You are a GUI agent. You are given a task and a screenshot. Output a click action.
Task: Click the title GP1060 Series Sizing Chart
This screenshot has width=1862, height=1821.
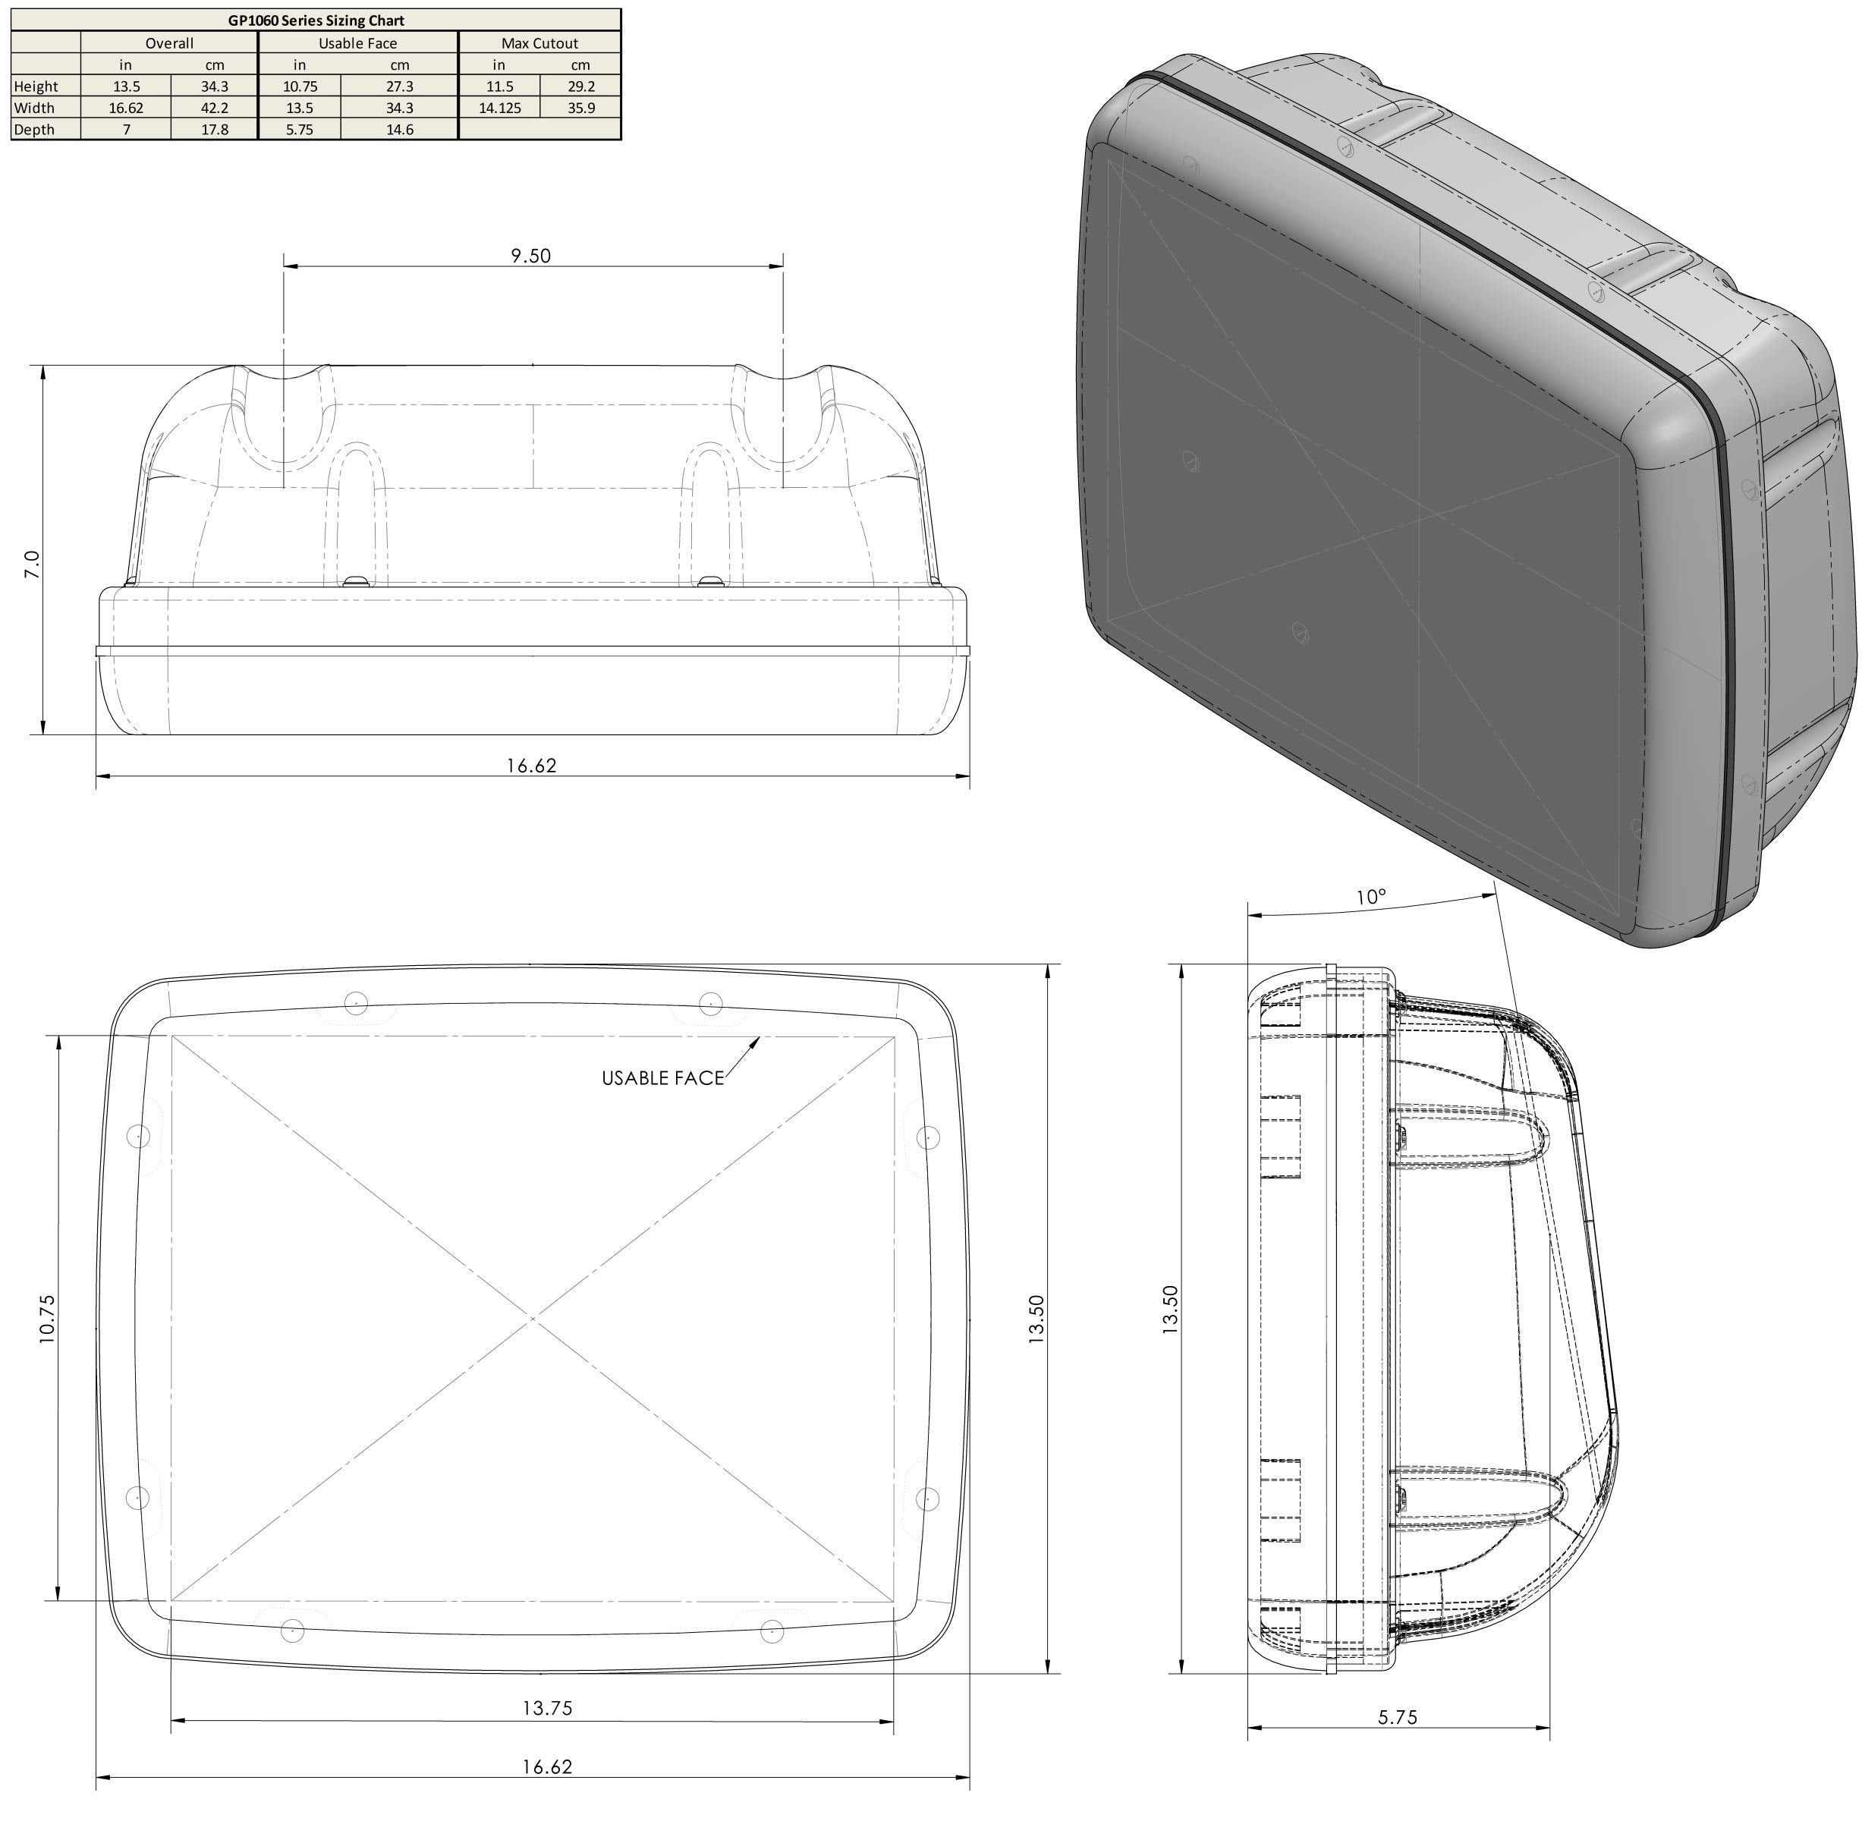316,20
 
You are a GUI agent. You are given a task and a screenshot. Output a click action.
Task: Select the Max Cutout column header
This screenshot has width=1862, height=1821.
539,43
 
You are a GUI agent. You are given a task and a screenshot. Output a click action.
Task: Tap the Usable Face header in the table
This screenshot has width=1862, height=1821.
357,43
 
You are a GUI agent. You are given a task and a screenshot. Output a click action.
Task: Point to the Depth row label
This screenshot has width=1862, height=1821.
34,129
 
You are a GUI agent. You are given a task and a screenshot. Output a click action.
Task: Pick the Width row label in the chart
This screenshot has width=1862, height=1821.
34,108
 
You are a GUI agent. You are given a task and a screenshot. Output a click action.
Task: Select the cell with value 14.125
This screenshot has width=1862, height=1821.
499,108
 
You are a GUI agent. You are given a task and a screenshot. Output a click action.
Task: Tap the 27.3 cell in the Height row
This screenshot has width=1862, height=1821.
399,86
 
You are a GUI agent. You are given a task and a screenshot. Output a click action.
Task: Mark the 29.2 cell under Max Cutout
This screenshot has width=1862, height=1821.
580,86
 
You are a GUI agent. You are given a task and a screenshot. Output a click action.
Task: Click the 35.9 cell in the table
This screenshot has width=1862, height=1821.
580,108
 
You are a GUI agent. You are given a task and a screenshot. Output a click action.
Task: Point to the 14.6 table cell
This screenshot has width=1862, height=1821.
399,129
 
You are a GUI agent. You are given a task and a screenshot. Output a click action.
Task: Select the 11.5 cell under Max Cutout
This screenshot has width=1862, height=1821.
499,86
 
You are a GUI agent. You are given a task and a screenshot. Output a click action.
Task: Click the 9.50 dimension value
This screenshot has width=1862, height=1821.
531,256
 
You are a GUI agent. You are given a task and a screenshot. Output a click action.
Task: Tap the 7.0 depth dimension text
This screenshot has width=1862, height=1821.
33,565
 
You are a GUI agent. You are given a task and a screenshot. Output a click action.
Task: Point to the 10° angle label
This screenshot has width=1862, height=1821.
1370,897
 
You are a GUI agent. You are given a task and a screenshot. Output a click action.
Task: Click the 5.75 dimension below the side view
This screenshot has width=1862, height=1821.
1397,1717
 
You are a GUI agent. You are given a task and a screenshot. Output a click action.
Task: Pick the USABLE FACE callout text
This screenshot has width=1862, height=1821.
662,1078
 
